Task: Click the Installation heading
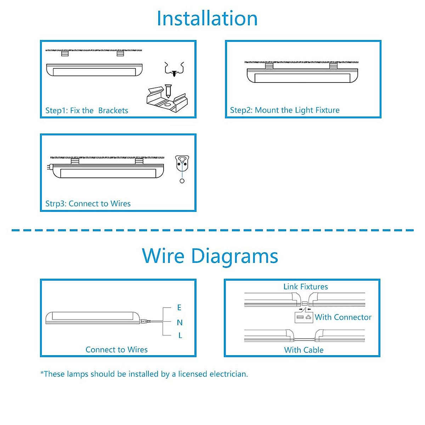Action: coord(207,18)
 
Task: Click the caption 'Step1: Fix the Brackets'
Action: coord(87,110)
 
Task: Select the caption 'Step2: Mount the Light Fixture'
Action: coord(285,110)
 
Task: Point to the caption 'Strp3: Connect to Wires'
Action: coord(88,204)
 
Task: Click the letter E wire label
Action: coord(179,307)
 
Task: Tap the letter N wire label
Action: coord(180,322)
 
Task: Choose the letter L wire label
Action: coord(180,335)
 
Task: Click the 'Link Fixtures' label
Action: coord(305,287)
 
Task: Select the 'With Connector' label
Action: coord(343,317)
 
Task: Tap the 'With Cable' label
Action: coord(304,350)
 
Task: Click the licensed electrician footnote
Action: coord(144,374)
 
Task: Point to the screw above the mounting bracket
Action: coord(168,91)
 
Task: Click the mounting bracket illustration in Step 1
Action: coord(167,100)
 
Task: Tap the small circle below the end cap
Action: coord(182,181)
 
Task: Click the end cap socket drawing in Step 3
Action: coord(182,163)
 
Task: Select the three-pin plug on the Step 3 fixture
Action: coord(49,167)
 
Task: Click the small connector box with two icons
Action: coord(304,317)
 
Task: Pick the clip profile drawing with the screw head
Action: coord(174,69)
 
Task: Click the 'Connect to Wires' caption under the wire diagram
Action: coord(117,350)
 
